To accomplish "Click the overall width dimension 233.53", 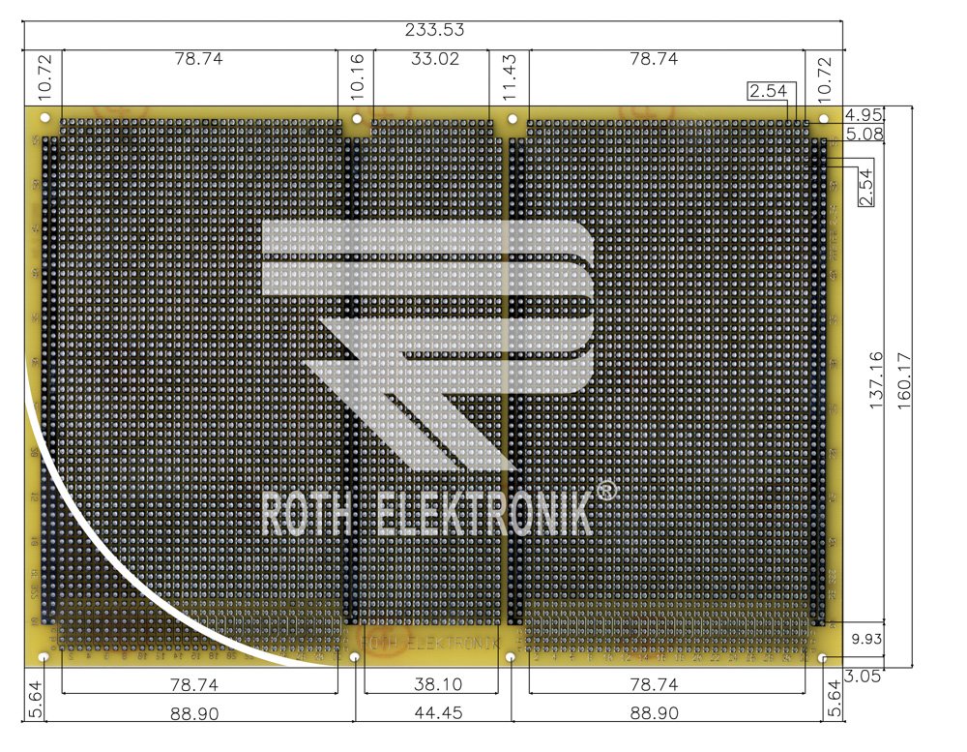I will [x=433, y=30].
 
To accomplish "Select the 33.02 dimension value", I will [x=435, y=59].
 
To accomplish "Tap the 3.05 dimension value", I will [x=861, y=677].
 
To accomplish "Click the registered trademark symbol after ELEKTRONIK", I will [x=606, y=492].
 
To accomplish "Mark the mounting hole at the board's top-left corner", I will [x=44, y=117].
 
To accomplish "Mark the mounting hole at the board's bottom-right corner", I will [x=823, y=658].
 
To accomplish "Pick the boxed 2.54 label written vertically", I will [x=866, y=186].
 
